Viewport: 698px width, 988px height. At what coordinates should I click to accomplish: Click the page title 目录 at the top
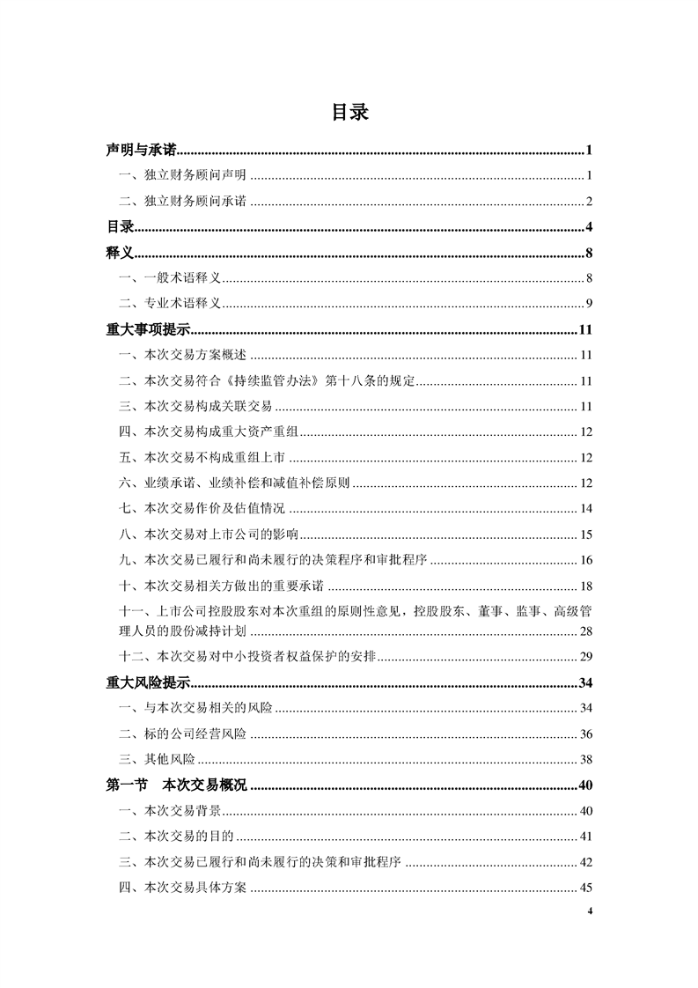[x=349, y=113]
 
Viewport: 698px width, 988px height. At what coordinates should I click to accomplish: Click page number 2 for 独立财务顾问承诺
[x=589, y=202]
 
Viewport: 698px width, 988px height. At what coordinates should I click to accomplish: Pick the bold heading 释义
[x=119, y=254]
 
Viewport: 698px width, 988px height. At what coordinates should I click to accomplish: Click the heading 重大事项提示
[x=148, y=330]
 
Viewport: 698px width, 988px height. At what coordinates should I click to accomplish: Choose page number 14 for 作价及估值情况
[x=586, y=509]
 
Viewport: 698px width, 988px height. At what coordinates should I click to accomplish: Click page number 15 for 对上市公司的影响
[x=586, y=535]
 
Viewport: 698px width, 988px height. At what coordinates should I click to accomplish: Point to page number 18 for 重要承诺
[x=586, y=586]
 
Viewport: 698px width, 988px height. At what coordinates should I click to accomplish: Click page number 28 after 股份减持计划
[x=586, y=631]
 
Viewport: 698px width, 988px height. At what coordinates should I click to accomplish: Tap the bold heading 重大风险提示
[x=148, y=683]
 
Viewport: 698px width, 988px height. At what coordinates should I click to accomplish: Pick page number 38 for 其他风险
[x=586, y=759]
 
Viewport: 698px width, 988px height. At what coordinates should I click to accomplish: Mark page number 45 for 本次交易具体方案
[x=586, y=888]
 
